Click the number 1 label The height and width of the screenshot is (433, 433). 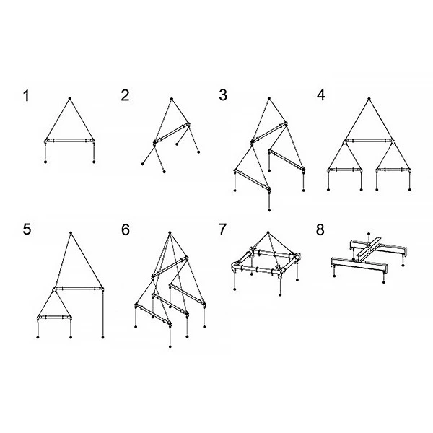[x=26, y=96]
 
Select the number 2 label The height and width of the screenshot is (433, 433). [x=125, y=95]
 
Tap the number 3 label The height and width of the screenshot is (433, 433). [x=223, y=95]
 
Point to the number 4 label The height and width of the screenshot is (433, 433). [x=321, y=95]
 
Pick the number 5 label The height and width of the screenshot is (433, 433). [x=27, y=229]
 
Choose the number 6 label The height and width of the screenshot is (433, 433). [x=126, y=229]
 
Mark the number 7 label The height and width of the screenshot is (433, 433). [x=222, y=229]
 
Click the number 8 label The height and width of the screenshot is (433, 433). [x=320, y=229]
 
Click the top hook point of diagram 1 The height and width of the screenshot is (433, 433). [x=70, y=98]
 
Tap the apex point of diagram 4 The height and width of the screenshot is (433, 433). [x=369, y=98]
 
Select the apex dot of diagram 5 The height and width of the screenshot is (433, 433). [x=71, y=233]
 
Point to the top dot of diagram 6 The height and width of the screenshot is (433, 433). [x=170, y=232]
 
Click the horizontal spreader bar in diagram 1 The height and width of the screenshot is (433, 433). [x=69, y=141]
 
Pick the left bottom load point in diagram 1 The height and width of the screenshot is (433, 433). [x=45, y=162]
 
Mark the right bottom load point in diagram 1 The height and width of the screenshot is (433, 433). [x=94, y=162]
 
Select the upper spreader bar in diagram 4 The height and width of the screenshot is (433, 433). [x=369, y=141]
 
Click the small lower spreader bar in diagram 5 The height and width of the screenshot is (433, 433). [x=54, y=317]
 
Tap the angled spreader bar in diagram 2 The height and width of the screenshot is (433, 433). [x=172, y=134]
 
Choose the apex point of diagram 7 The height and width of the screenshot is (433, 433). [x=268, y=232]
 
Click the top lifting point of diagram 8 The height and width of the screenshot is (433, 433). [x=369, y=234]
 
